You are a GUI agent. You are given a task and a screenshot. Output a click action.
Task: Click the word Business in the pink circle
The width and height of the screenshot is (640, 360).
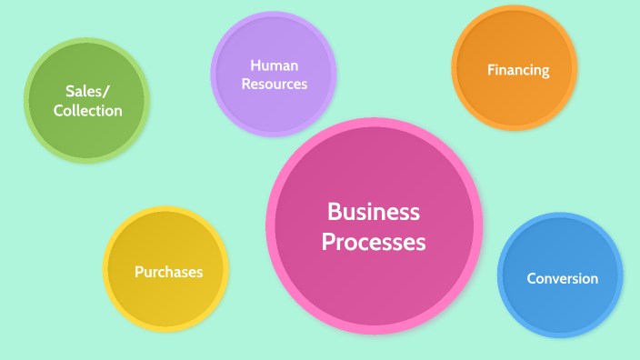(x=374, y=212)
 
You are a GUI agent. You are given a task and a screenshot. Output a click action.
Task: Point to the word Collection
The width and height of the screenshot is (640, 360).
(x=87, y=111)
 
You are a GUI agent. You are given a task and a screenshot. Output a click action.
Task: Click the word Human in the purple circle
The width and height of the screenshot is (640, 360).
(x=275, y=65)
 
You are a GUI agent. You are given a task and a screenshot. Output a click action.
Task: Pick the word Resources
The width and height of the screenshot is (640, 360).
(x=275, y=84)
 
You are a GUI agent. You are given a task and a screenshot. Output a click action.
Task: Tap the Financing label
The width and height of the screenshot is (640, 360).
(x=518, y=69)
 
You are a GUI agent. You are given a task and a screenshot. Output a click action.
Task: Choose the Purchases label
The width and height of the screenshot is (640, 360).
(x=168, y=272)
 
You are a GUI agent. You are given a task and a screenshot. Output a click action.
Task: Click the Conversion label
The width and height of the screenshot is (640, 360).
(x=563, y=278)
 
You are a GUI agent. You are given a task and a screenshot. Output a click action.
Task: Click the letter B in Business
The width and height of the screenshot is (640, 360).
(x=334, y=212)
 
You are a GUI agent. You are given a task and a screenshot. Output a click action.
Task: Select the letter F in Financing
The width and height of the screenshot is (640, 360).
(x=491, y=69)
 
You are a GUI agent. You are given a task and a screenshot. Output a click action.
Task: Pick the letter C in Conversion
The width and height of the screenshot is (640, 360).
(x=532, y=278)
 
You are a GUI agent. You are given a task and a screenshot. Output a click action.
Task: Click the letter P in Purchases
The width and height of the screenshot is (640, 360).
(x=138, y=272)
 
